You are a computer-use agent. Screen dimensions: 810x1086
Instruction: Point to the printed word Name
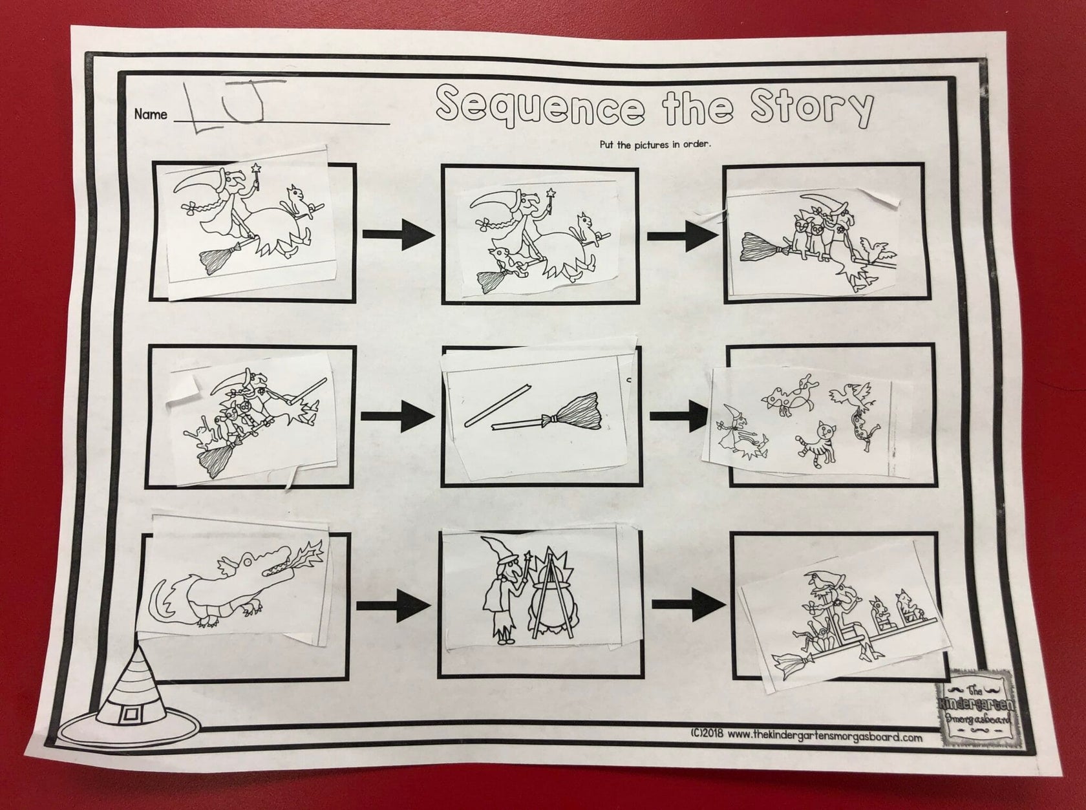pos(150,114)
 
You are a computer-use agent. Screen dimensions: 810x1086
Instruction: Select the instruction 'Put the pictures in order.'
pos(655,144)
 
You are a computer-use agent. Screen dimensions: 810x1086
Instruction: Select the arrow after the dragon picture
pos(394,606)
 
